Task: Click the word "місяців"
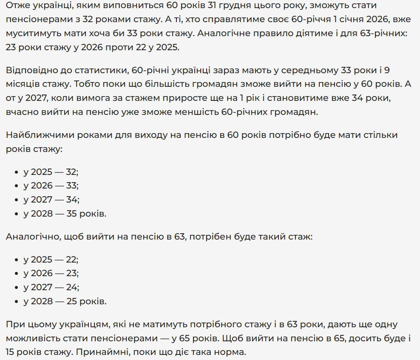(x=23, y=84)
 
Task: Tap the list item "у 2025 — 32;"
(x=51, y=172)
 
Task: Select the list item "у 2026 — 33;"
(x=51, y=186)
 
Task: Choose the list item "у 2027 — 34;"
(x=51, y=200)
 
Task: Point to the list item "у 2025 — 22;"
(x=51, y=260)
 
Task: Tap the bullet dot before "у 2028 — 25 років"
(x=17, y=302)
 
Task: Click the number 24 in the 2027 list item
(x=73, y=287)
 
